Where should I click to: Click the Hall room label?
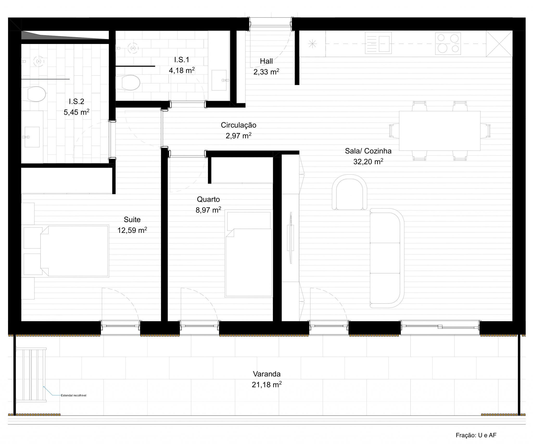pyautogui.click(x=266, y=61)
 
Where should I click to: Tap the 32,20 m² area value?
pyautogui.click(x=368, y=162)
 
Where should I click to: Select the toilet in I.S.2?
pyautogui.click(x=36, y=94)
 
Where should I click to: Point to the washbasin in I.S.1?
pyautogui.click(x=219, y=80)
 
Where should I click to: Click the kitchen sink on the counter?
pyautogui.click(x=378, y=43)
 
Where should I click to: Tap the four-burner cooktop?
pyautogui.click(x=448, y=43)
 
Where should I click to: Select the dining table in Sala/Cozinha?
pyautogui.click(x=440, y=131)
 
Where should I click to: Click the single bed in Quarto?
pyautogui.click(x=249, y=255)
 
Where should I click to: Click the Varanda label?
pyautogui.click(x=266, y=374)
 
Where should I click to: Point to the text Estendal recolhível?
pyautogui.click(x=73, y=395)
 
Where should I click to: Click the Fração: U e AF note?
pyautogui.click(x=476, y=435)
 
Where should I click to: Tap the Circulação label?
pyautogui.click(x=238, y=125)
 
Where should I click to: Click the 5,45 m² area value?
pyautogui.click(x=77, y=112)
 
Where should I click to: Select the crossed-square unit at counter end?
pyautogui.click(x=499, y=43)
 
